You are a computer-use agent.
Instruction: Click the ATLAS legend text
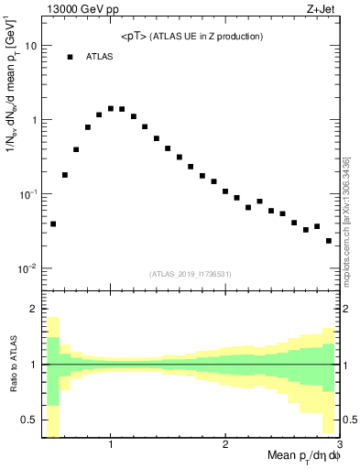coord(101,57)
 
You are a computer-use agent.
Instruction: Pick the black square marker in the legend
coord(70,57)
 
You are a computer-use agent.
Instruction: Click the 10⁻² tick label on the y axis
coord(27,268)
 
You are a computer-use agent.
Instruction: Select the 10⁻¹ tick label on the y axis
coord(27,194)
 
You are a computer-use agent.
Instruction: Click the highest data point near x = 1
coord(111,108)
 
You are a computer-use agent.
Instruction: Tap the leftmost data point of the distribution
coord(53,224)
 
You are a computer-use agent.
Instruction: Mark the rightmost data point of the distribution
coord(329,241)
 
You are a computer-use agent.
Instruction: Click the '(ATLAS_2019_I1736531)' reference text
coord(191,273)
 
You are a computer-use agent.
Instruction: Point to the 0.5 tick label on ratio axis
coord(28,420)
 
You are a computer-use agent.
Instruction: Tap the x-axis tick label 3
coord(338,444)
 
